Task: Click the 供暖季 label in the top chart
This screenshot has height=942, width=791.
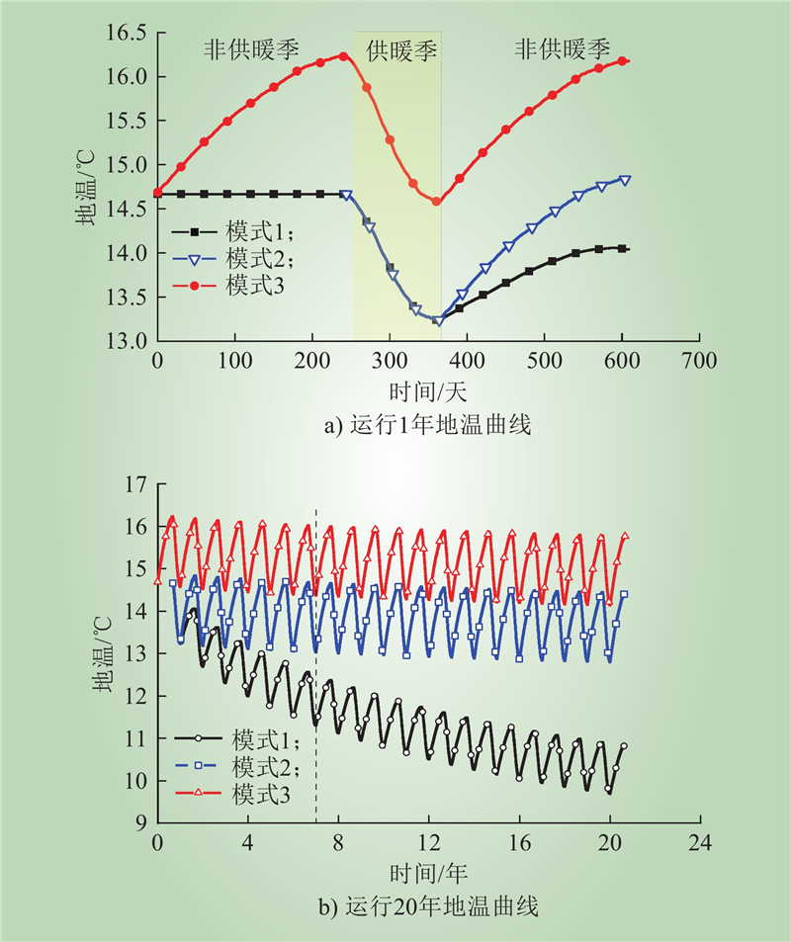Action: (x=401, y=51)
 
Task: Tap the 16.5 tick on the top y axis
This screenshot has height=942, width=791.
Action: (x=126, y=34)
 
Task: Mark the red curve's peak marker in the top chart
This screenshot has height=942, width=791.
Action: (x=343, y=55)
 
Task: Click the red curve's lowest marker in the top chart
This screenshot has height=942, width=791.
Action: (x=436, y=202)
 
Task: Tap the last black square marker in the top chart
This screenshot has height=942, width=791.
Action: (x=623, y=248)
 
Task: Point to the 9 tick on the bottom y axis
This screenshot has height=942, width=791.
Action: (x=140, y=823)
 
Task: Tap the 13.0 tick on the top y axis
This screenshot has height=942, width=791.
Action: (x=126, y=342)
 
